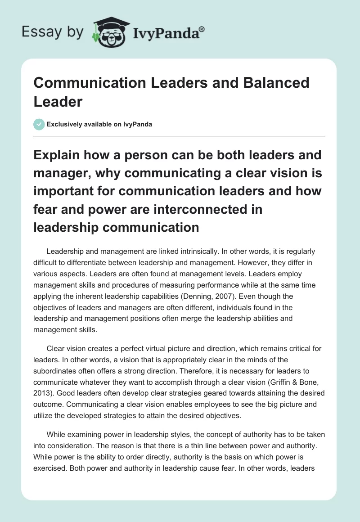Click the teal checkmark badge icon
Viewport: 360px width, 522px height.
(40, 124)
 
